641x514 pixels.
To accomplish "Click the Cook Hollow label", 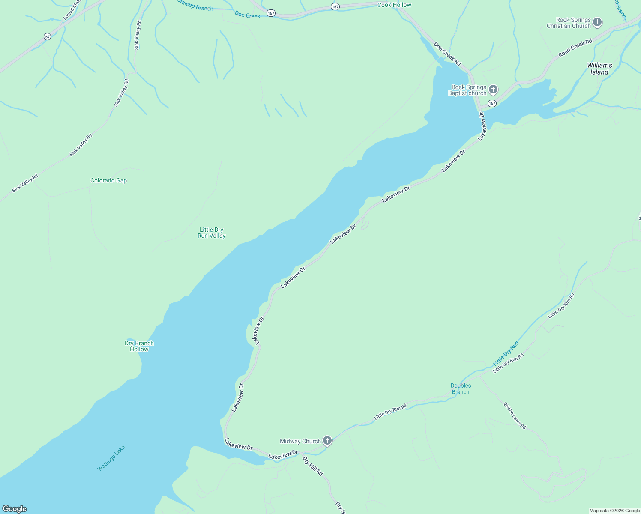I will point(394,5).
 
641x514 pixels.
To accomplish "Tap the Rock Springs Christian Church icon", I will point(597,22).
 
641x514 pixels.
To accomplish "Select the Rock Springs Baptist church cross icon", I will point(493,90).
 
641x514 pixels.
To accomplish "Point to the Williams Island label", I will point(599,69).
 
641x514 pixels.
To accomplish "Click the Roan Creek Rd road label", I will point(575,48).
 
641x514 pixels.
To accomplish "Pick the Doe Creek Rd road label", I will point(447,54).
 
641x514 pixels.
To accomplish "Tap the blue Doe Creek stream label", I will point(247,15).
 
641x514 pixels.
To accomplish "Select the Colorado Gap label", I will point(108,181).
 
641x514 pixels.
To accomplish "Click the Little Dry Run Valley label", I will point(211,233).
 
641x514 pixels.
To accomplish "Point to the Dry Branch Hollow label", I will point(139,346).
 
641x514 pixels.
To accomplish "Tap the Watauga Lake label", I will point(111,458).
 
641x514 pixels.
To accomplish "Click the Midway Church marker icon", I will point(327,441).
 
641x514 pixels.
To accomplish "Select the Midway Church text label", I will point(300,442).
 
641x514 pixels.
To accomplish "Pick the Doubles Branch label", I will point(461,389).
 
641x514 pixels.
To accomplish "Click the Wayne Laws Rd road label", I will point(515,415).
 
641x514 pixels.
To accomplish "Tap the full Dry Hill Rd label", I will point(313,466).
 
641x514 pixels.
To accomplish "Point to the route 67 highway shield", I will point(47,37).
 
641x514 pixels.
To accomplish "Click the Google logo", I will point(15,509).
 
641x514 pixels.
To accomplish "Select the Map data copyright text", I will point(614,511).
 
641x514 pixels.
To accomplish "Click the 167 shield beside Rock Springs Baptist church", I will point(492,103).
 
